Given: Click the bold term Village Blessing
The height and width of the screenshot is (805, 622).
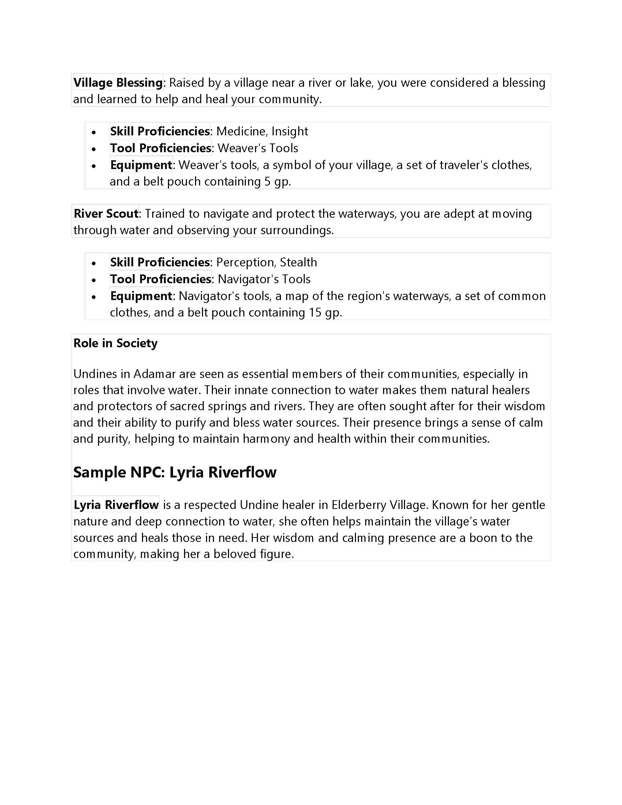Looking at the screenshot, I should click(117, 83).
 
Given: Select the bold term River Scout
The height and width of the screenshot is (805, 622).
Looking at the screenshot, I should click(106, 213).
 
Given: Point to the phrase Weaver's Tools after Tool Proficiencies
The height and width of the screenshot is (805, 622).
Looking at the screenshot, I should click(258, 148).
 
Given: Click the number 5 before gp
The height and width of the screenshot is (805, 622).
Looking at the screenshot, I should click(267, 182).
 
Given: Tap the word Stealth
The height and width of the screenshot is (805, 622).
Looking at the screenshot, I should click(298, 262).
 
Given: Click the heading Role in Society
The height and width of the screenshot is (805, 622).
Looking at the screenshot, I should click(115, 343).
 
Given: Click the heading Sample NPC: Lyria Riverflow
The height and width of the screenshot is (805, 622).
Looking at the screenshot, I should click(175, 472).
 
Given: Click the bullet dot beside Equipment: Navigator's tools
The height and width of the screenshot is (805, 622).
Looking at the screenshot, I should click(94, 297).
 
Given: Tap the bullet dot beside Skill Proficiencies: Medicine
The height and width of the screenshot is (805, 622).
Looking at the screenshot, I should click(94, 132).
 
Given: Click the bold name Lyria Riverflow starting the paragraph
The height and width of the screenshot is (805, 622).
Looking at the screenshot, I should click(116, 505).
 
